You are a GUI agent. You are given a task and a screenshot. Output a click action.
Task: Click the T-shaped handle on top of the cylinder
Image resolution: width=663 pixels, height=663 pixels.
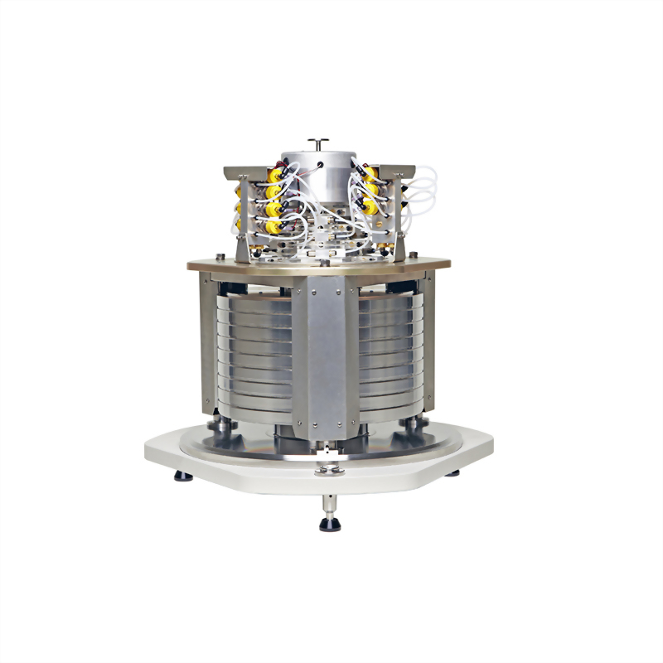pos(319,142)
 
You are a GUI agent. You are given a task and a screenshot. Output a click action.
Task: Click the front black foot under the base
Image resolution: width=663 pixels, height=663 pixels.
pos(331,524)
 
